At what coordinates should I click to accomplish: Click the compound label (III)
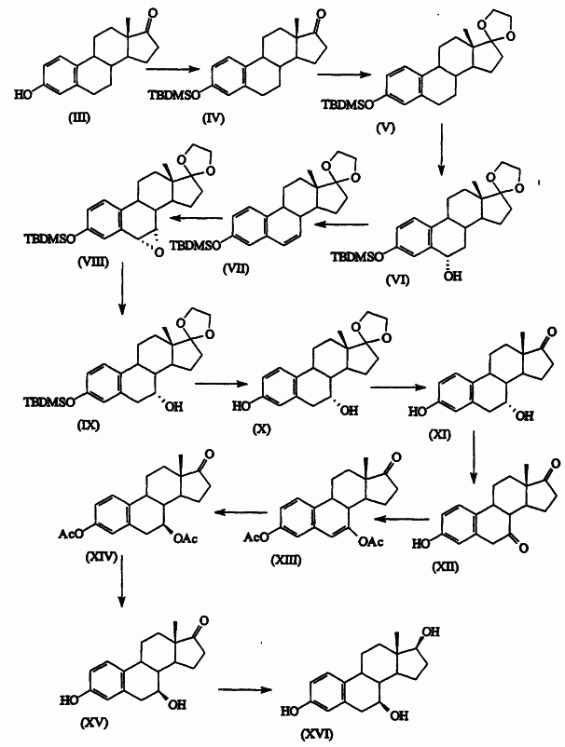pos(78,117)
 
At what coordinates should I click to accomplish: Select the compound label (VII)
pos(236,268)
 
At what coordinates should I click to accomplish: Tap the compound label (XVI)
pos(317,734)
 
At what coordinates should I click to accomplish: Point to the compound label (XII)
pos(446,567)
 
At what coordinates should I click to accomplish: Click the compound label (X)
pos(261,428)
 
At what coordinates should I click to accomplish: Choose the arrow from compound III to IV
pos(172,69)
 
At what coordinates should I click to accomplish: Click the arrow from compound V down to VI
pos(442,150)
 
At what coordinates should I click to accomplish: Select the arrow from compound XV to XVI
pos(245,689)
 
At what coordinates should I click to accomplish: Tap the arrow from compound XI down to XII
pos(473,457)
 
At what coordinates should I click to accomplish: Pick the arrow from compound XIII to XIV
pos(241,512)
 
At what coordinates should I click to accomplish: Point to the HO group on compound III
pos(22,95)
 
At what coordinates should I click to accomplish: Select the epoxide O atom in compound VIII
pos(159,252)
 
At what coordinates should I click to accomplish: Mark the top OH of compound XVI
pos(431,632)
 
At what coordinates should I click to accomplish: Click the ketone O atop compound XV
pos(204,620)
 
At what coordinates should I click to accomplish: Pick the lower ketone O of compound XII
pos(524,549)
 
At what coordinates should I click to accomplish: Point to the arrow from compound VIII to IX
pos(122,289)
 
